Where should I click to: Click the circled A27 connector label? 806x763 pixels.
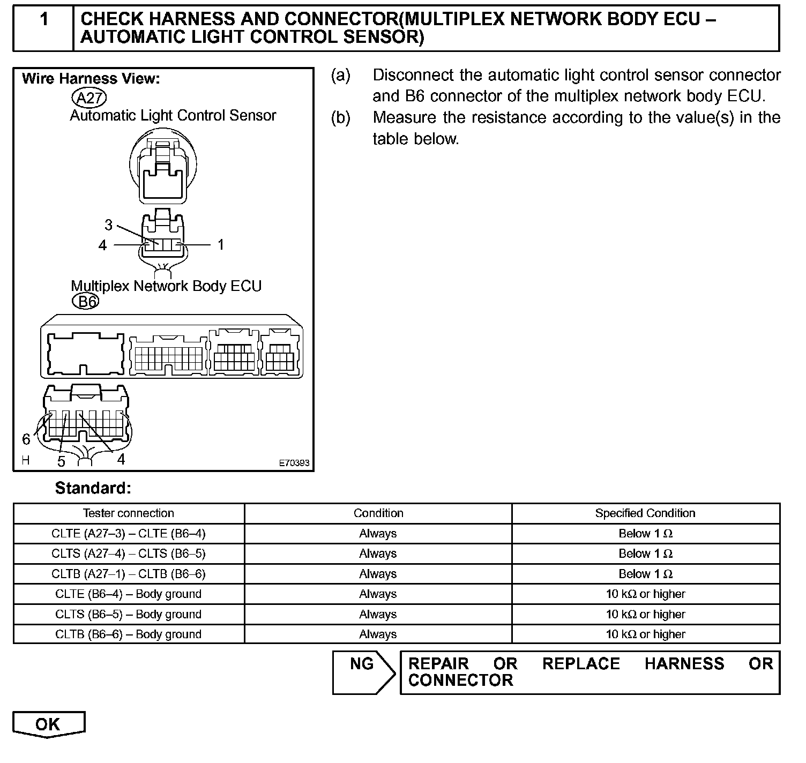[89, 98]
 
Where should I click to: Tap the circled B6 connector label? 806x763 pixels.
[86, 302]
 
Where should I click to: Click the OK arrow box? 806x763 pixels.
[48, 724]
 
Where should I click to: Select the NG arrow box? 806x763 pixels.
[363, 672]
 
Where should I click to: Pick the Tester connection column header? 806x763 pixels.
[129, 513]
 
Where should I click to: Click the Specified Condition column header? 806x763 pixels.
[645, 513]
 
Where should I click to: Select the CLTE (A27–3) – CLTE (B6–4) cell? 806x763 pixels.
[129, 534]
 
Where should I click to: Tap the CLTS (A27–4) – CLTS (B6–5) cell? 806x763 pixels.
[129, 553]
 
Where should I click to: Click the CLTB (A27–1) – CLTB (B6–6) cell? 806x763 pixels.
[129, 574]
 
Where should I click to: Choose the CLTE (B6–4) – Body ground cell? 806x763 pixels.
[129, 594]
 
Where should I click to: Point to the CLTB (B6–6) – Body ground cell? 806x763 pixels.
[129, 634]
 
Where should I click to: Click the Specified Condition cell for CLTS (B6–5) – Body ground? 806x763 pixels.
[645, 614]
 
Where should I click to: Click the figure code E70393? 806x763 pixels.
[294, 463]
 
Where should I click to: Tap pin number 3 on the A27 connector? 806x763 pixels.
[109, 225]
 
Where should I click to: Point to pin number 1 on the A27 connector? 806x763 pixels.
[220, 245]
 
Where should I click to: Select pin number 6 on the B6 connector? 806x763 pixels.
[26, 439]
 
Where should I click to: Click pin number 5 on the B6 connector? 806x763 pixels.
[61, 461]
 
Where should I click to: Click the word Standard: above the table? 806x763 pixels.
[93, 488]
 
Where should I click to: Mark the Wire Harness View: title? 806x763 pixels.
[91, 79]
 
